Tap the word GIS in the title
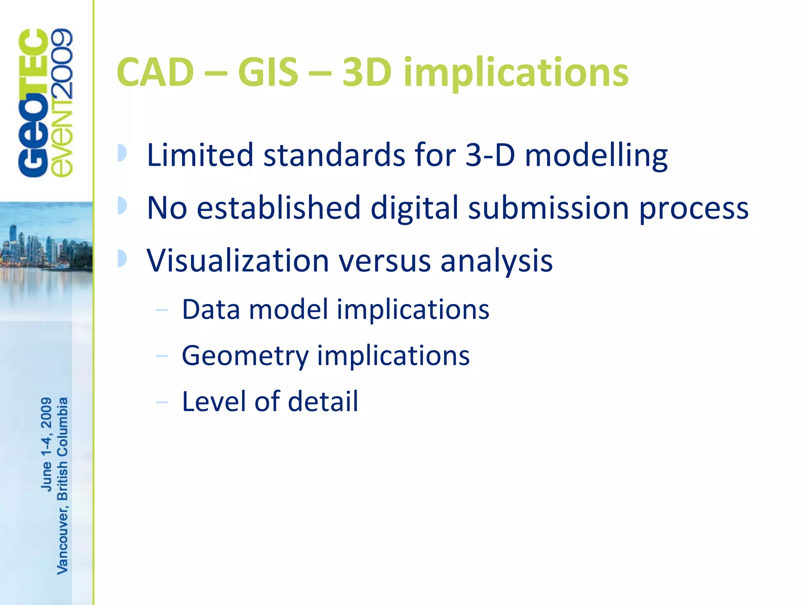pos(268,72)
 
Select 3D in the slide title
pos(367,72)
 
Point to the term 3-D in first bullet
pos(490,155)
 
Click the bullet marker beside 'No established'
pos(122,206)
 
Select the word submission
pos(548,208)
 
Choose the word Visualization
pos(238,261)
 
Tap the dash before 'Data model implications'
pos(162,310)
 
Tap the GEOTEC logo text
pos(33,103)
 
